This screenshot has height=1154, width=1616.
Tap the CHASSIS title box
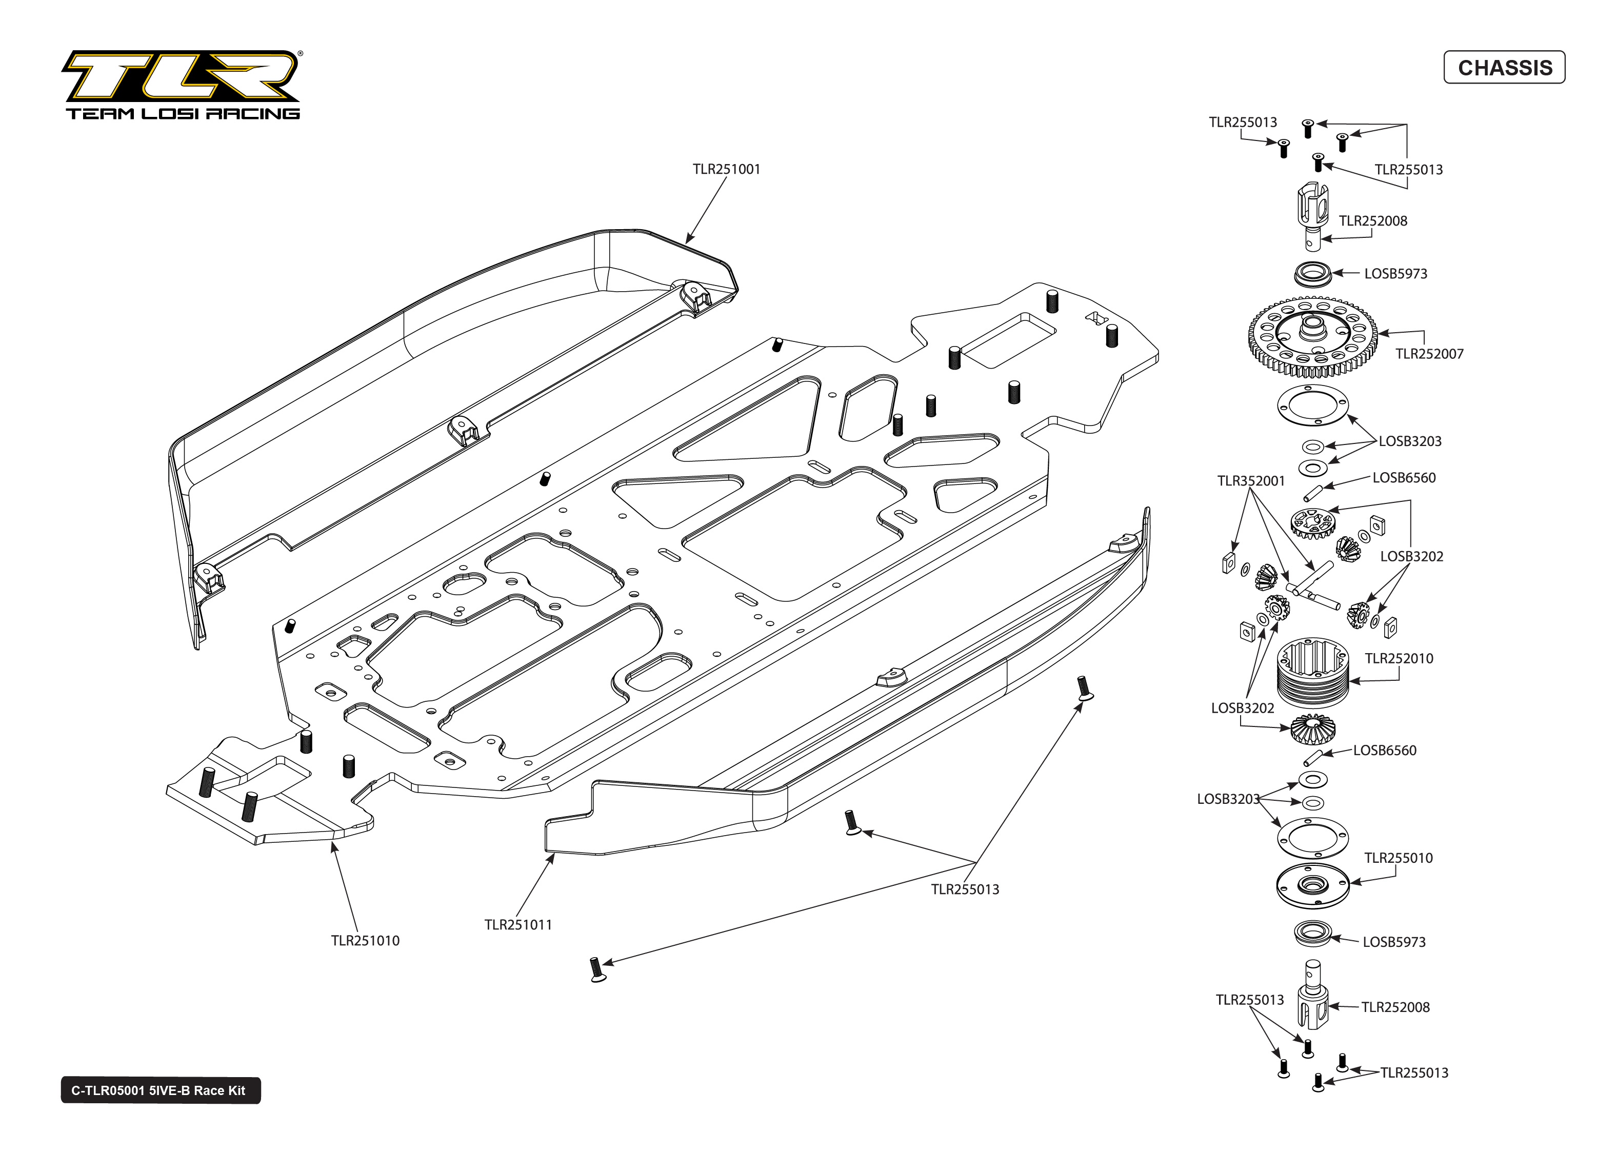point(1504,68)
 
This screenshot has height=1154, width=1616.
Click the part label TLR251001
point(726,169)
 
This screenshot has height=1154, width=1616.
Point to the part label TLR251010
point(365,941)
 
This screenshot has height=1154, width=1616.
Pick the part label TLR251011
point(517,924)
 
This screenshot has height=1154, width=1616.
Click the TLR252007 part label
point(1429,354)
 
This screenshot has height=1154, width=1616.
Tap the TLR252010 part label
point(1399,659)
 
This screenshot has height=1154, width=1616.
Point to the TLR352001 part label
point(1251,481)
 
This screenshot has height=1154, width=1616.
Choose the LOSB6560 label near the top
point(1404,477)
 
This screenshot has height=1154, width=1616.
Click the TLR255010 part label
point(1398,858)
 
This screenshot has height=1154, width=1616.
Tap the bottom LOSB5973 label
point(1393,942)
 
